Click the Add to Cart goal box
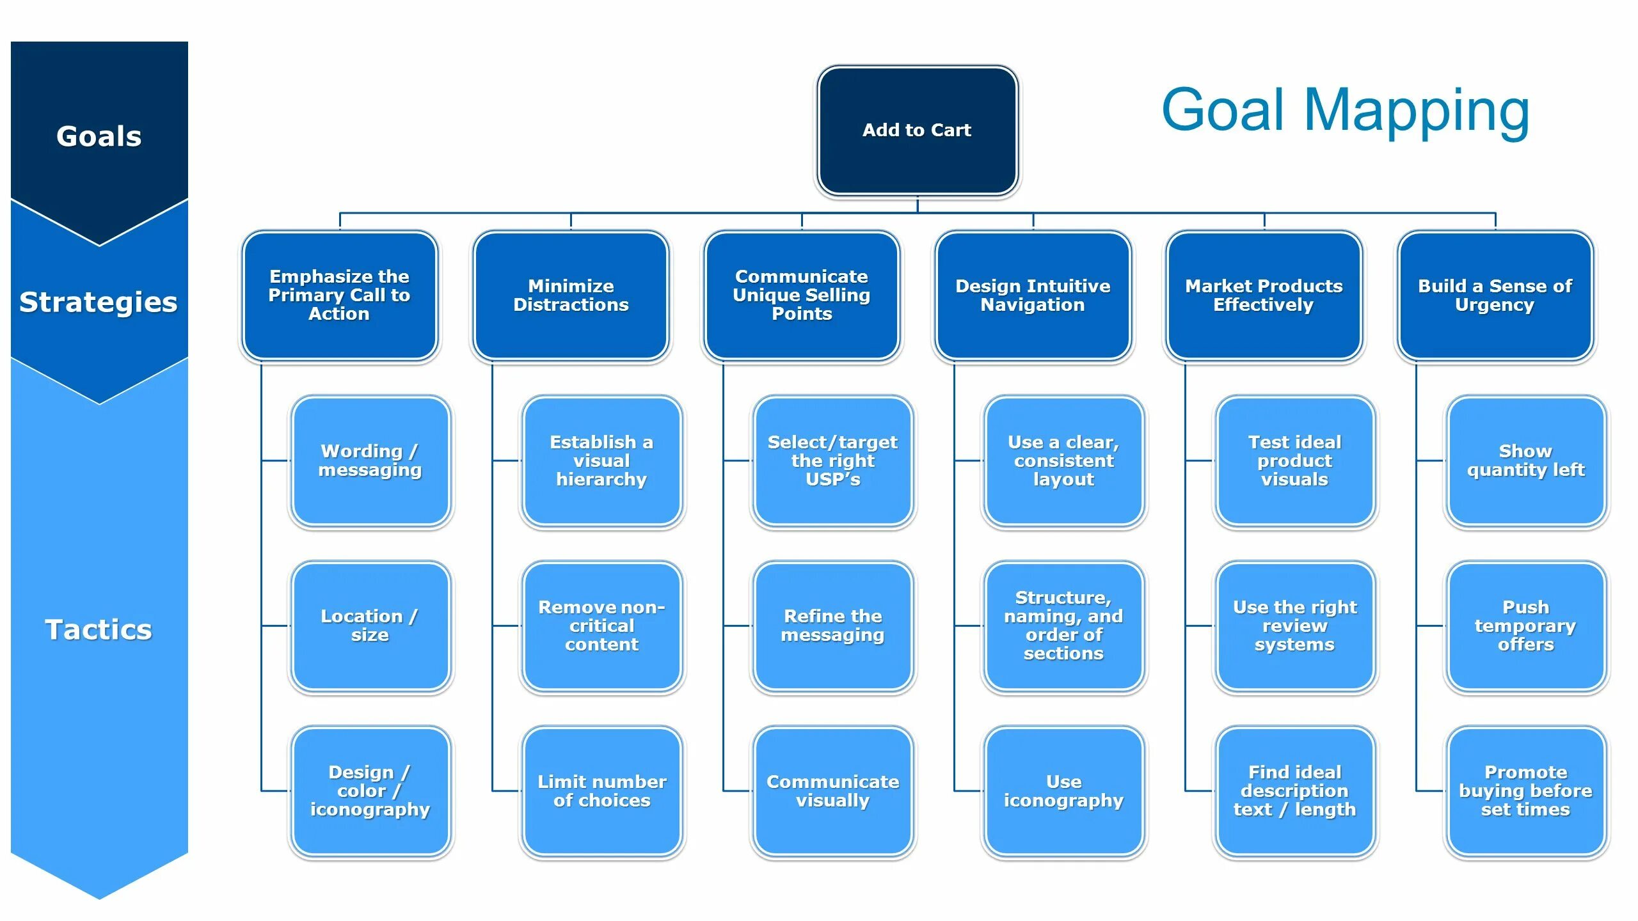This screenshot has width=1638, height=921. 917,130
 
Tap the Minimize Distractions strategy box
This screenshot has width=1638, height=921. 571,295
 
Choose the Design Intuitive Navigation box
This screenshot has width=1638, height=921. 1033,295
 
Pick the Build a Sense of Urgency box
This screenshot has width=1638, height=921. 1495,295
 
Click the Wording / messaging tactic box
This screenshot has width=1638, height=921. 370,460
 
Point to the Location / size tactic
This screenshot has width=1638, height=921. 370,626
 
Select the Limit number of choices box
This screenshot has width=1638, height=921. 601,791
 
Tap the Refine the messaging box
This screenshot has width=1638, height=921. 832,626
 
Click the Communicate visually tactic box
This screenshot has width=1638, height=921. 832,791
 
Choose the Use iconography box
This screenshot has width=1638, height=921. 1063,791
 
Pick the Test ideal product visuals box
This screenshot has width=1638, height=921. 1294,460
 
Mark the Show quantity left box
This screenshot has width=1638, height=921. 1525,460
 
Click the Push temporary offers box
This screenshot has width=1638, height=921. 1525,626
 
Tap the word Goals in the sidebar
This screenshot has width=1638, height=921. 99,136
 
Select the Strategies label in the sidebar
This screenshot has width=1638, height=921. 99,302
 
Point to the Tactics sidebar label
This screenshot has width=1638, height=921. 99,629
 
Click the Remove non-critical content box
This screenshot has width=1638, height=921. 601,626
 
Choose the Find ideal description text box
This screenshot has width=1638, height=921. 1294,791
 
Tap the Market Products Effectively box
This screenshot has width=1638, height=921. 1264,295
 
